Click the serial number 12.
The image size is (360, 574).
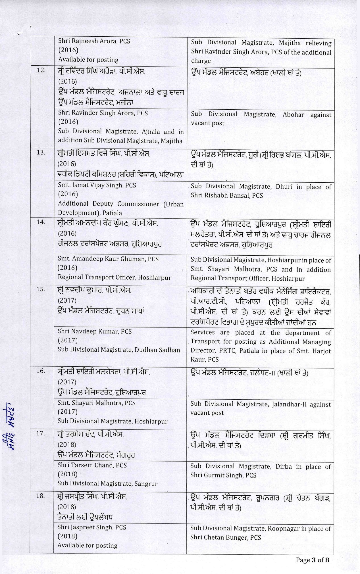tap(41, 70)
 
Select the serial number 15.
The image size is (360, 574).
tap(41, 289)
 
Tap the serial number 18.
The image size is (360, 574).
tap(41, 496)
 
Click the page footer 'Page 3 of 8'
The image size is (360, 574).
tap(313, 560)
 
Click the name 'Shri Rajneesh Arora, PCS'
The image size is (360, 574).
tap(94, 41)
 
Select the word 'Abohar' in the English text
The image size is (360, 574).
tap(293, 115)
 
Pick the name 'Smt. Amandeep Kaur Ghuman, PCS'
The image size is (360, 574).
tap(108, 259)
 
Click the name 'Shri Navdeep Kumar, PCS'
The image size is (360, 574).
tap(95, 331)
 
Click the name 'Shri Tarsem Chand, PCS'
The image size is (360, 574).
tap(92, 465)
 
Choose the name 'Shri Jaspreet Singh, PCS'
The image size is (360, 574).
tap(92, 527)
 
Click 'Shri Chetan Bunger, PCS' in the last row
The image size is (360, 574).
tap(226, 537)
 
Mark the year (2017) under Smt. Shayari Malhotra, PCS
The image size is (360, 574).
tap(67, 412)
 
